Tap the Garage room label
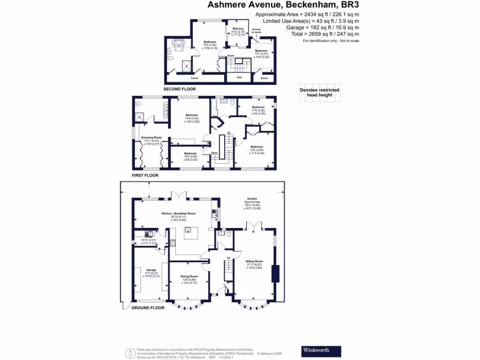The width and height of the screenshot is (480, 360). (x=151, y=270)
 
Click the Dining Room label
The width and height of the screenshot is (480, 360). (x=189, y=277)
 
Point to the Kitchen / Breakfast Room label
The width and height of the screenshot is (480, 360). (x=178, y=213)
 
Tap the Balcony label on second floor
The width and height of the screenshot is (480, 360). (x=238, y=29)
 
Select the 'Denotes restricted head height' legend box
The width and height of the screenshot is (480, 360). (x=319, y=92)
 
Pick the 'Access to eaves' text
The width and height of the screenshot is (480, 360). (x=256, y=30)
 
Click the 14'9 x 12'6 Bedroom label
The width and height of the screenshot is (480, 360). (x=191, y=115)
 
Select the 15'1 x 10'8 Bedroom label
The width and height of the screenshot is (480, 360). (x=261, y=51)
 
